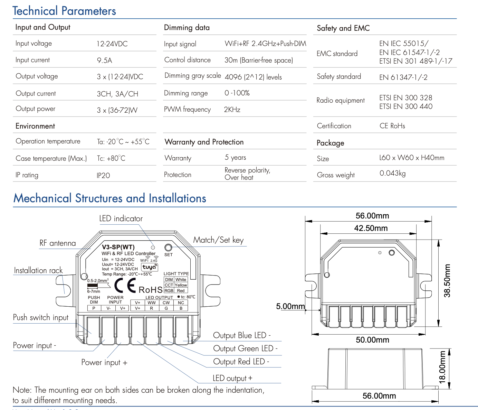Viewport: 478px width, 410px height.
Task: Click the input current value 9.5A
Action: [104, 60]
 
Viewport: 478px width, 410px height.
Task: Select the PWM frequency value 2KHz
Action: [232, 110]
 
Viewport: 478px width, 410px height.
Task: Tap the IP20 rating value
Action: [103, 176]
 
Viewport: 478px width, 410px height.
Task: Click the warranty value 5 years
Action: [235, 158]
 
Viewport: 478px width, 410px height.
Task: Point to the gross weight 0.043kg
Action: [392, 173]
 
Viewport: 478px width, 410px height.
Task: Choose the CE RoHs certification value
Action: [392, 126]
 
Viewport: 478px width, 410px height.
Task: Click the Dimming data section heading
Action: [187, 28]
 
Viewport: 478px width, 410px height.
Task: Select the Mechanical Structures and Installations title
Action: [109, 198]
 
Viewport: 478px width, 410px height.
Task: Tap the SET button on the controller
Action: [168, 248]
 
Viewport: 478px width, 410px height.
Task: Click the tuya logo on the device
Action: [149, 267]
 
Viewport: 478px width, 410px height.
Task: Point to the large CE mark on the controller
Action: [125, 286]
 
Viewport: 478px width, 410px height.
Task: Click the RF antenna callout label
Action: [57, 243]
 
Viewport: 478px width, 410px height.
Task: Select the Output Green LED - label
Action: [245, 348]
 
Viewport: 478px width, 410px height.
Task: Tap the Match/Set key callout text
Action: [218, 240]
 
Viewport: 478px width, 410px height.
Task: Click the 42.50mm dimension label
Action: [371, 228]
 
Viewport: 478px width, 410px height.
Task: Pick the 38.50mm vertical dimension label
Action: [447, 281]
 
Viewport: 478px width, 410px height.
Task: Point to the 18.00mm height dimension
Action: [442, 367]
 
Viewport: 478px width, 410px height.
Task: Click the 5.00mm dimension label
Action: [290, 306]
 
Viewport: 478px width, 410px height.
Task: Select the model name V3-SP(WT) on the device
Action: [118, 247]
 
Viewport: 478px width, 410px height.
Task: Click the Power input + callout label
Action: [104, 362]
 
